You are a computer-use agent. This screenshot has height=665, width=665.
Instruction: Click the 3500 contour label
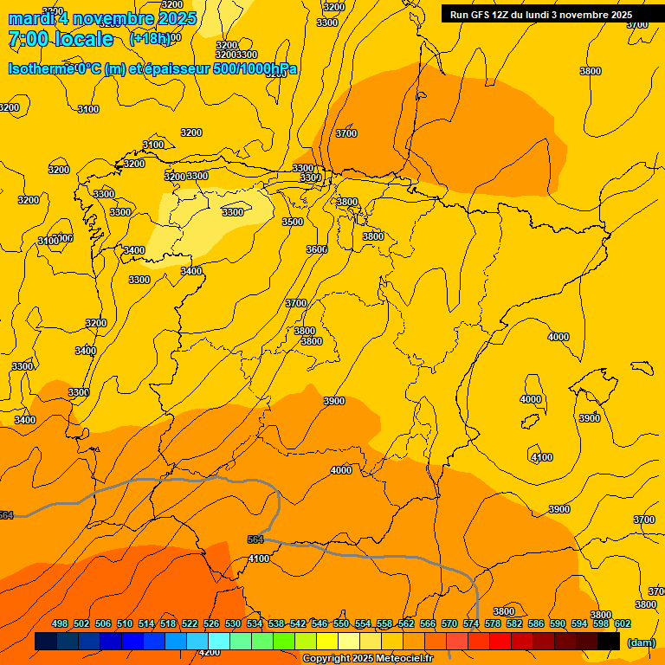[x=293, y=223]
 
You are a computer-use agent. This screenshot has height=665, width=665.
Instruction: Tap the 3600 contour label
[x=317, y=249]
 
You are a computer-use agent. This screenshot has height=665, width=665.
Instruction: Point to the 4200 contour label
[x=210, y=653]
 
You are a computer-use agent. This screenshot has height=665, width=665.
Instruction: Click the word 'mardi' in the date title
[x=31, y=18]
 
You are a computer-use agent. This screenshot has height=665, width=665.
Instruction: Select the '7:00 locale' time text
[x=61, y=39]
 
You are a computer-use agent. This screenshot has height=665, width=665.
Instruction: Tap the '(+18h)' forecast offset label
[x=151, y=39]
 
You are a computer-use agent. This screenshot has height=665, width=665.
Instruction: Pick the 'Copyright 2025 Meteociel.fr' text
[x=367, y=659]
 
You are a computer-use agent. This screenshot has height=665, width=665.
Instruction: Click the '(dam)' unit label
[x=642, y=642]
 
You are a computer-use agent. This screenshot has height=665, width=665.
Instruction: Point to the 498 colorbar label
[x=60, y=623]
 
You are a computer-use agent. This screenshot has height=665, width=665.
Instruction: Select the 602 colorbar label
[x=623, y=623]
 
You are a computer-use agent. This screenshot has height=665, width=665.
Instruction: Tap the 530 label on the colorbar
[x=233, y=623]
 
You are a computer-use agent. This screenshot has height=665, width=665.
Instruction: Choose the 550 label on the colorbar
[x=341, y=623]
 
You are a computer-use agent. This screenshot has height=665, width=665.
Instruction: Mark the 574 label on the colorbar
[x=471, y=623]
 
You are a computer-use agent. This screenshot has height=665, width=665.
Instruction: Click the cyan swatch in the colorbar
[x=219, y=642]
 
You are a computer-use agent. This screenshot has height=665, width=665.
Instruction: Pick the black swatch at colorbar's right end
[x=609, y=642]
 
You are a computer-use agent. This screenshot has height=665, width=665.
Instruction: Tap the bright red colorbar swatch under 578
[x=500, y=642]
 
